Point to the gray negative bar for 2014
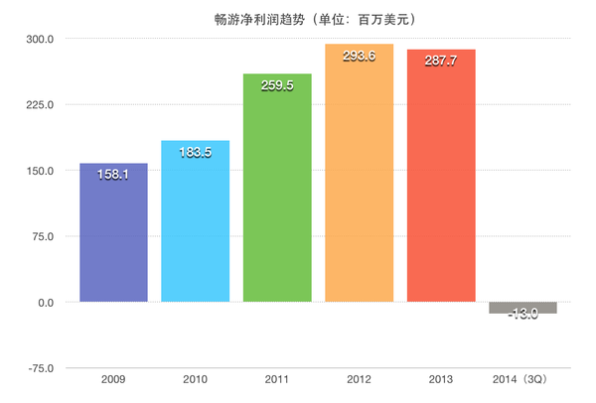[x=522, y=307]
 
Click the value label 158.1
[x=113, y=174]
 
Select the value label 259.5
[x=277, y=85]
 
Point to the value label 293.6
[x=359, y=56]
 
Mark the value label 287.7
[x=441, y=61]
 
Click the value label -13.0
[x=522, y=314]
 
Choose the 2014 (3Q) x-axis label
[x=522, y=379]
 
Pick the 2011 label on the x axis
[x=277, y=379]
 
